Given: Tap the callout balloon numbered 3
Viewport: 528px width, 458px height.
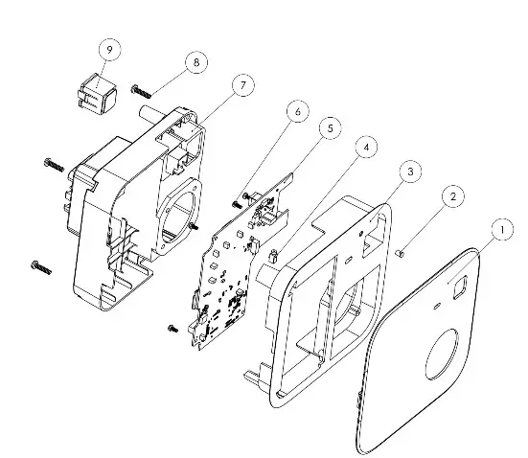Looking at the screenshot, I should click(409, 171).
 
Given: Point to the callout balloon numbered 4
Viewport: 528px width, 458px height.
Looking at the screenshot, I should click(365, 148).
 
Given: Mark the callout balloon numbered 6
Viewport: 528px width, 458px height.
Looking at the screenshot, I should click(297, 111).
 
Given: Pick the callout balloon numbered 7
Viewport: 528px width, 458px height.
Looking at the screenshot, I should click(242, 85).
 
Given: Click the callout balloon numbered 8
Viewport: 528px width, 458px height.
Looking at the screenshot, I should click(197, 62).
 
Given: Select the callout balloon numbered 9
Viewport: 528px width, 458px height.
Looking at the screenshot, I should click(108, 48).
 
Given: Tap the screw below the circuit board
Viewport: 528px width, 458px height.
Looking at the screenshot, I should click(172, 328).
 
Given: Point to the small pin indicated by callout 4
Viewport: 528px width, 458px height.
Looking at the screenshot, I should click(274, 255).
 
